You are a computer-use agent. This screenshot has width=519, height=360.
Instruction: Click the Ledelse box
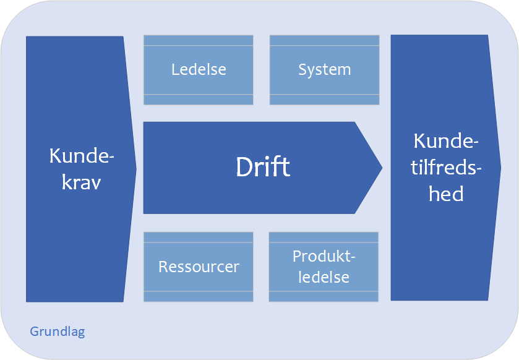[x=199, y=70]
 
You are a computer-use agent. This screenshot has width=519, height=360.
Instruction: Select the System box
[x=324, y=70]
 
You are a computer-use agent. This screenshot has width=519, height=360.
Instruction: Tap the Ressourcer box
[x=199, y=267]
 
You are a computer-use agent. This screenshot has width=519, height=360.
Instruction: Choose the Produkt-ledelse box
[x=324, y=267]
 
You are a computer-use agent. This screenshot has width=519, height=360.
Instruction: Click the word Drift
[x=263, y=167]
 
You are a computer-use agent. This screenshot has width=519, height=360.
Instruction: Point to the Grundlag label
[x=58, y=332]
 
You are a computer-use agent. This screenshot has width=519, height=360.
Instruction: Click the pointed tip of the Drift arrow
[x=382, y=168]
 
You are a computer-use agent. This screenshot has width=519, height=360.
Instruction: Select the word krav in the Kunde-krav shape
[x=82, y=182]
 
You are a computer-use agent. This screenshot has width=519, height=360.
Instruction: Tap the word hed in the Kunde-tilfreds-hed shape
[x=446, y=194]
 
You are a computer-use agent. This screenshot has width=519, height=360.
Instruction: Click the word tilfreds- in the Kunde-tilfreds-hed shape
[x=446, y=167]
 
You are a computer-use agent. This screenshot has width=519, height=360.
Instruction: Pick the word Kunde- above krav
[x=82, y=155]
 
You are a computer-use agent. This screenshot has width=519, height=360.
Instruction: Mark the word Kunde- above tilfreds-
[x=446, y=141]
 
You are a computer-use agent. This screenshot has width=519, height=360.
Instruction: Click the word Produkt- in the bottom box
[x=324, y=256]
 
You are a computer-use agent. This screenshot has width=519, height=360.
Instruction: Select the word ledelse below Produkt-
[x=324, y=277]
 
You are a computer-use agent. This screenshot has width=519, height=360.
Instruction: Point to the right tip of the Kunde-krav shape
[x=136, y=169]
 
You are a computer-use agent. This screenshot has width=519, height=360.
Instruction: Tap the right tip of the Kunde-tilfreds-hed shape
[x=501, y=168]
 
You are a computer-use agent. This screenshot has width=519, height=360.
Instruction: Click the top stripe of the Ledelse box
[x=199, y=40]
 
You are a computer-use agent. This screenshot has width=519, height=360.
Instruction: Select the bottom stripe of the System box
[x=324, y=100]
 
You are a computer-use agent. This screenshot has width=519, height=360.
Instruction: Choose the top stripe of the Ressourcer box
[x=199, y=238]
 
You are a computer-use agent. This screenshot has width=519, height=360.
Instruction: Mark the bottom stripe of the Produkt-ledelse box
[x=324, y=296]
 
